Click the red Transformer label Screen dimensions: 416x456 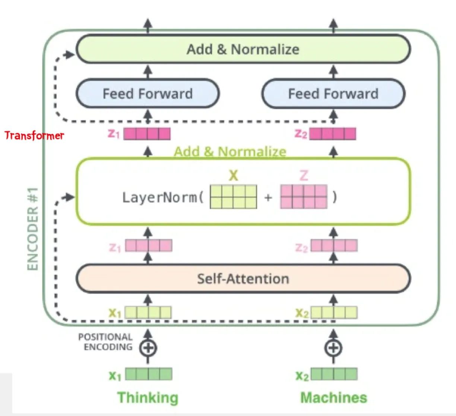coord(34,135)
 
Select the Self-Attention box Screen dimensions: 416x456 coord(243,279)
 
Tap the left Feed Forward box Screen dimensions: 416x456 coord(148,94)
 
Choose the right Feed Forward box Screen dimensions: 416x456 coord(333,94)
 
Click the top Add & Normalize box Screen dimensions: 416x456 coord(243,49)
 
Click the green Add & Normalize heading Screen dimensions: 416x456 coord(230,152)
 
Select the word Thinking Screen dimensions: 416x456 coord(148,397)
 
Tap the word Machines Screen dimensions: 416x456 coord(333,397)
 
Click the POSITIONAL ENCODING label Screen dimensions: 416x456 coord(105,342)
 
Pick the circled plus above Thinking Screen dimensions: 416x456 coord(148,348)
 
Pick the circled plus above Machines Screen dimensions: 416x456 coord(333,348)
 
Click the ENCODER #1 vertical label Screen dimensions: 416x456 coord(33,229)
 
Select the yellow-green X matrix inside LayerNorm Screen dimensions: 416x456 coord(233,197)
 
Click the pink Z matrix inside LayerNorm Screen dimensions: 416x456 coord(304,197)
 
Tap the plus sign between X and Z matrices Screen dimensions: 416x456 coord(268,198)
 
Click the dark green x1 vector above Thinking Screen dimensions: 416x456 coord(149,374)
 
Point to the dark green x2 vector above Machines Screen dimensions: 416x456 coord(334,374)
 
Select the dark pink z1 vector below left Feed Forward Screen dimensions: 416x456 coord(147,133)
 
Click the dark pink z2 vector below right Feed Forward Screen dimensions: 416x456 coord(333,133)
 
